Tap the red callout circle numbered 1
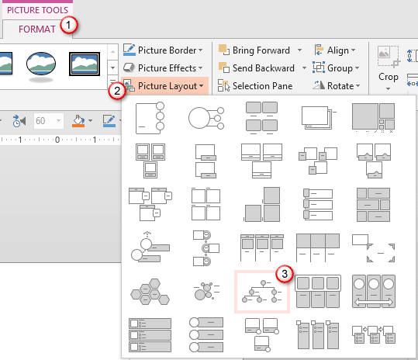(x=69, y=24)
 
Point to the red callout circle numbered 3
(x=285, y=273)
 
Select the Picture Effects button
(x=164, y=68)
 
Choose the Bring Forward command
(x=261, y=50)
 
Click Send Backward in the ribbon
(x=262, y=68)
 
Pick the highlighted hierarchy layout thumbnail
(x=261, y=292)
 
